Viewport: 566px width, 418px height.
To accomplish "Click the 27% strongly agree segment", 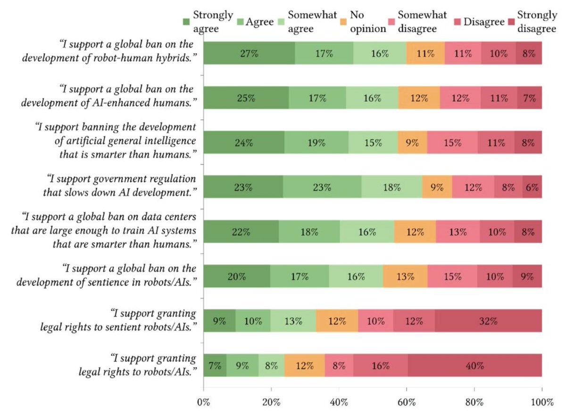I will coord(250,53).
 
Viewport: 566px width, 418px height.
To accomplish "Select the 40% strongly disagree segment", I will coord(475,365).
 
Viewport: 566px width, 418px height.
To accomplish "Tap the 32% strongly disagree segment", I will coord(488,321).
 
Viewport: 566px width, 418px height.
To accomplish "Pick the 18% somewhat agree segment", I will coord(391,187).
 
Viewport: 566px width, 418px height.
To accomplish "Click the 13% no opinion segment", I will coord(405,276).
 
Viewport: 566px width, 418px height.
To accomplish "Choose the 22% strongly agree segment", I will coord(241,232).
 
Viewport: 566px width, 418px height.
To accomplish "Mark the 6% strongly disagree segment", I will coord(532,187).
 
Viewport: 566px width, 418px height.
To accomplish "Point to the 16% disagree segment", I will coord(381,365).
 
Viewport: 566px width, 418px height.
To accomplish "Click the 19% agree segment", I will coord(316,142).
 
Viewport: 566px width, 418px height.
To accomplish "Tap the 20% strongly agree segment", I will coord(237,276).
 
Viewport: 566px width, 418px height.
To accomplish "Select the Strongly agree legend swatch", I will coord(186,21).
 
